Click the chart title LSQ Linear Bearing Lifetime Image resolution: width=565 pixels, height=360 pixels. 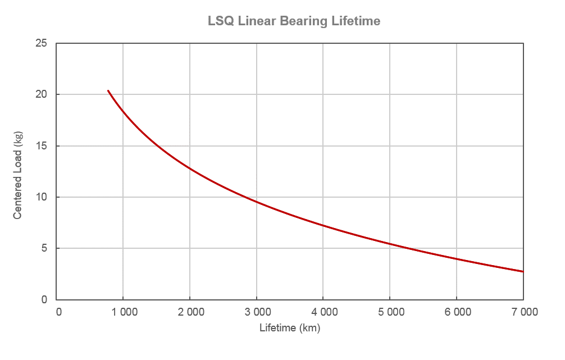pos(294,21)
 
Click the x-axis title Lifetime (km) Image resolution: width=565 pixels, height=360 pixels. pos(289,328)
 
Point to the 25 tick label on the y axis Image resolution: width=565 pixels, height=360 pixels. pos(40,43)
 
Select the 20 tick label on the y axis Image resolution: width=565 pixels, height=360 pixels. pos(40,94)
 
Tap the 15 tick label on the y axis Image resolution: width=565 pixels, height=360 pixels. pos(40,146)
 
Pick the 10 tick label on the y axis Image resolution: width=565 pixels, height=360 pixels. pos(40,197)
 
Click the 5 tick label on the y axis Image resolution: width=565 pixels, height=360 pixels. pos(44,248)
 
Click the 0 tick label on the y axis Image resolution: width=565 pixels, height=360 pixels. pos(44,300)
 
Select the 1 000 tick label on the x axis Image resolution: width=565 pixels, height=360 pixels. pos(123,312)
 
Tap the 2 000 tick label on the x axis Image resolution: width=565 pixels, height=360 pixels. pos(190,312)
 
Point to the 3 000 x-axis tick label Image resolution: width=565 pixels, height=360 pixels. pos(257,312)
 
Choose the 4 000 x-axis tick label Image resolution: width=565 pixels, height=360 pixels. pos(323,312)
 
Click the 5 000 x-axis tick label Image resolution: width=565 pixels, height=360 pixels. pos(390,312)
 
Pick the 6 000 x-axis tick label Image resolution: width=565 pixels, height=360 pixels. pos(457,312)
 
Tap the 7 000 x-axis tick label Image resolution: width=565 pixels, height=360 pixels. pos(523,312)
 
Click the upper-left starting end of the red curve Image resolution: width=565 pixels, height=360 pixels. pos(108,90)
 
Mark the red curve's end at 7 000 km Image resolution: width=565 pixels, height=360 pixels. pos(523,271)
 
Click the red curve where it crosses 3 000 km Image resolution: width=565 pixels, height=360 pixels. pos(257,202)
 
